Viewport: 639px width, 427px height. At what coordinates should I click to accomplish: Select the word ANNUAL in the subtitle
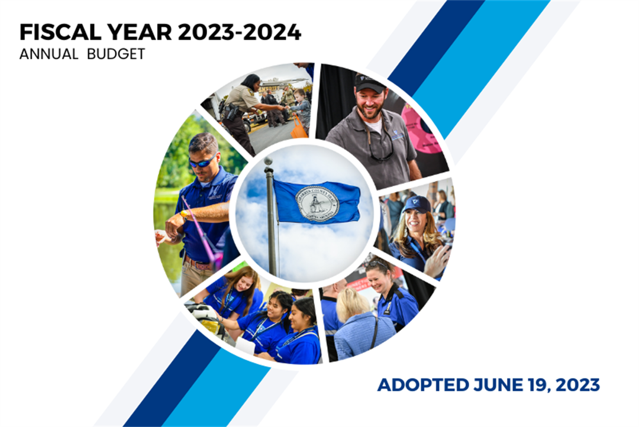49,54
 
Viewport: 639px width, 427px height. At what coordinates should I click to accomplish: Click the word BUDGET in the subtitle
116,54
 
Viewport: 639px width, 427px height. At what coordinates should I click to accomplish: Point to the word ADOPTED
423,385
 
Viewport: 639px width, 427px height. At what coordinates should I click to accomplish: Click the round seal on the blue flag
317,203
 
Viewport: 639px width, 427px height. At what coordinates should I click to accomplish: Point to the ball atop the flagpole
268,161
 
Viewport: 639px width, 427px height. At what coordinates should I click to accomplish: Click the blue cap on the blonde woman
417,204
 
